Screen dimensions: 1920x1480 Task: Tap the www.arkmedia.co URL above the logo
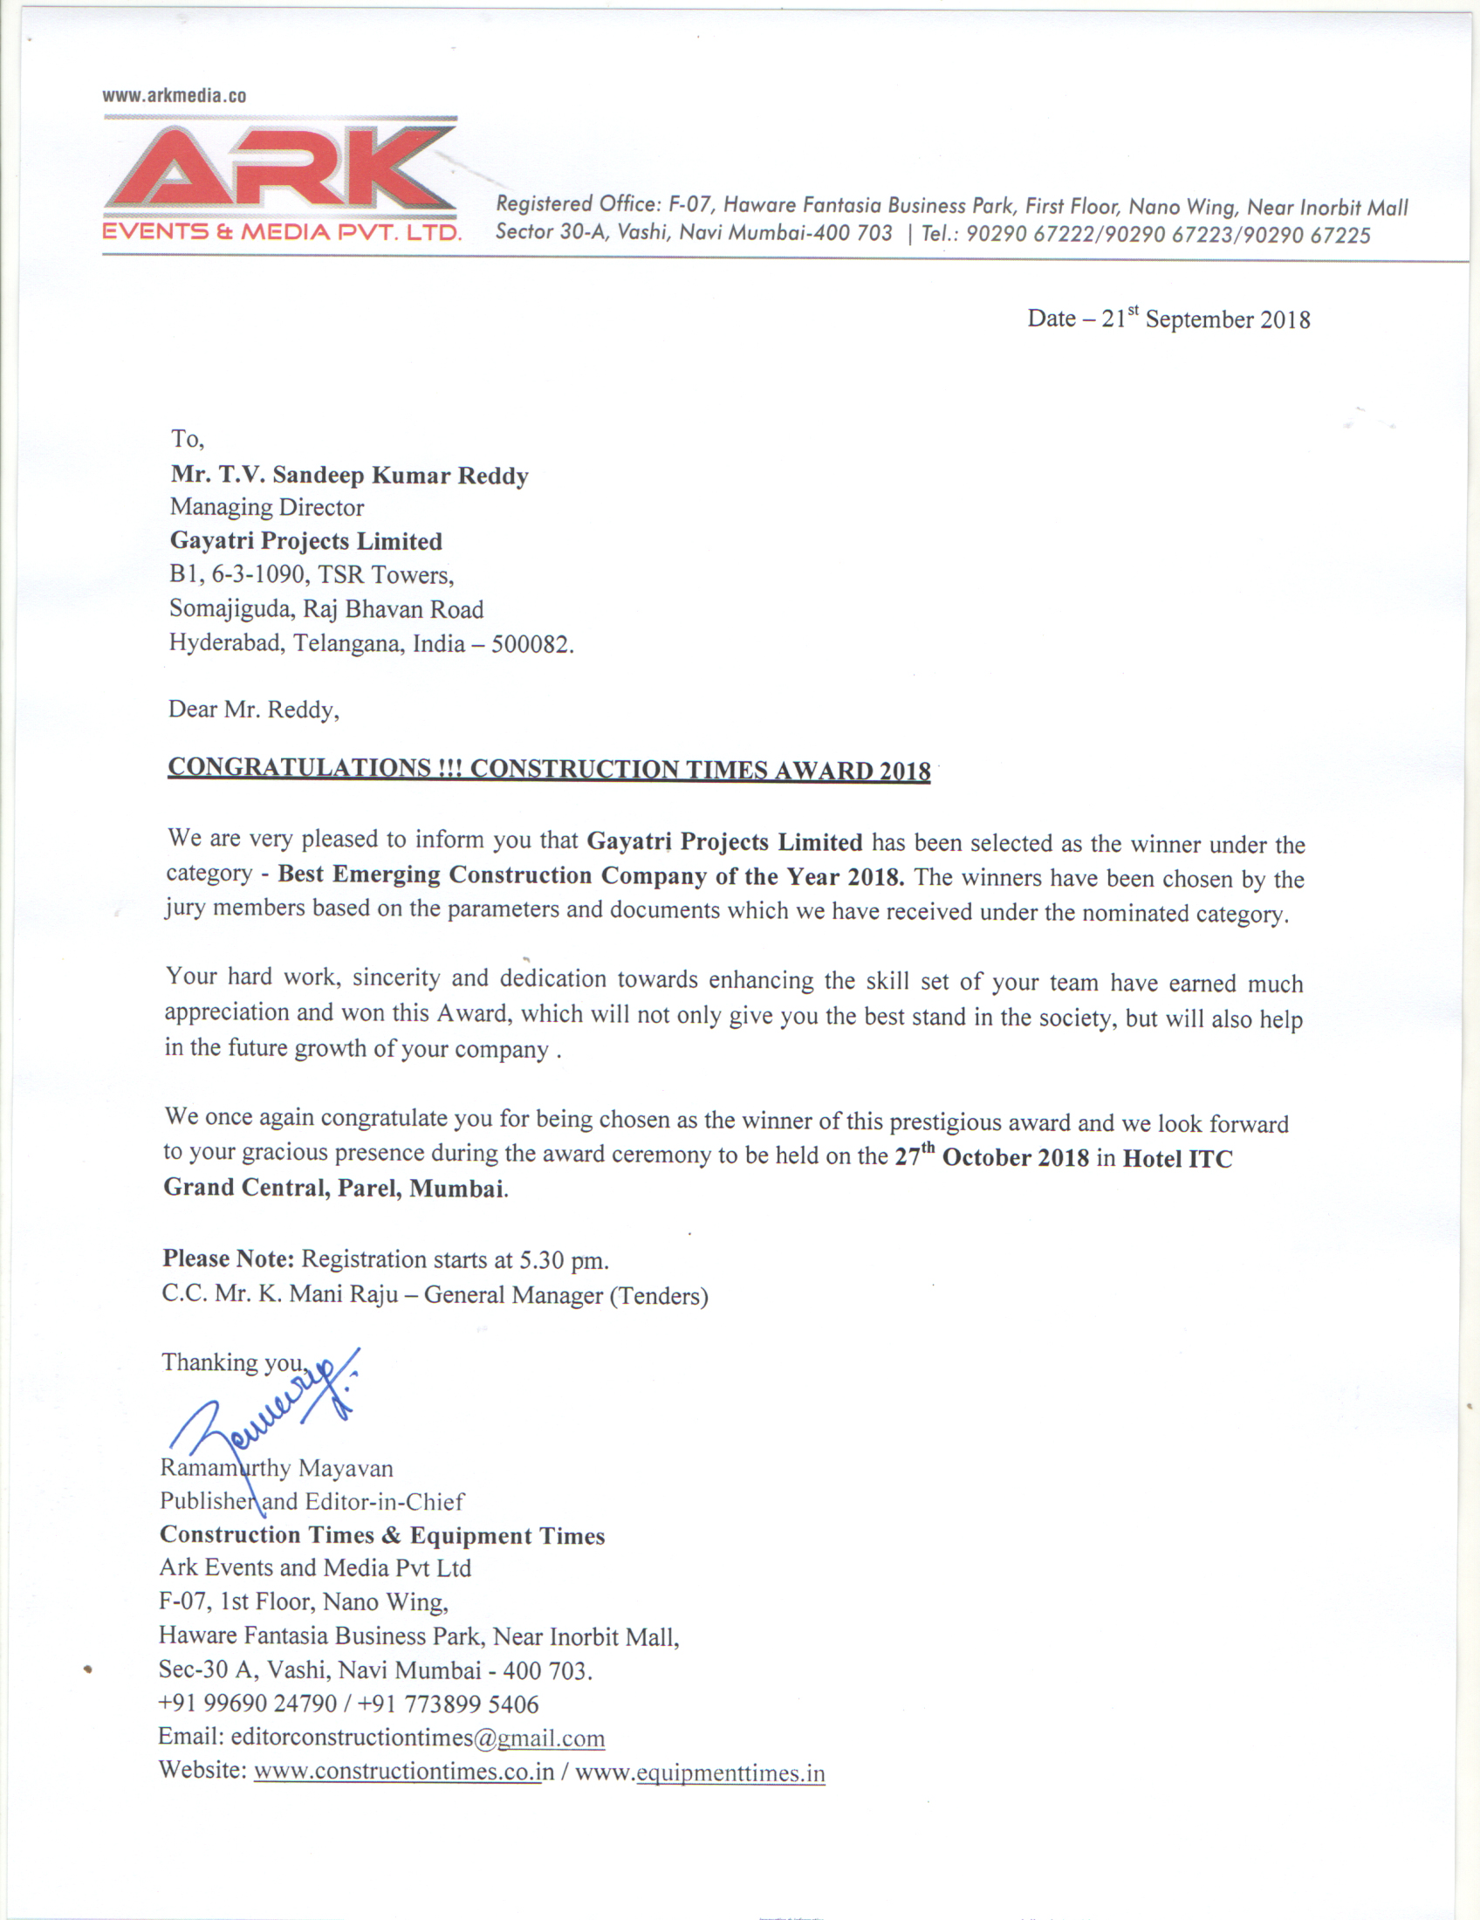coord(174,96)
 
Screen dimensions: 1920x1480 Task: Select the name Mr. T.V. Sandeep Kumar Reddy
coord(350,475)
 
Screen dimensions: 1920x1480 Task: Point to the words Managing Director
coord(266,507)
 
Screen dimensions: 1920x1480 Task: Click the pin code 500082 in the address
coord(530,644)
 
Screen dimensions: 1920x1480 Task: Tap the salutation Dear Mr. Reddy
coord(253,710)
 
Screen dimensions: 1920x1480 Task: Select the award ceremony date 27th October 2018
coord(991,1157)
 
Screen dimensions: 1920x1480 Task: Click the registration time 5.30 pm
coord(563,1259)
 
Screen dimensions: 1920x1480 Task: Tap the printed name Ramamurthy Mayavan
coord(277,1468)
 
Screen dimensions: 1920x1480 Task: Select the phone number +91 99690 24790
coord(248,1703)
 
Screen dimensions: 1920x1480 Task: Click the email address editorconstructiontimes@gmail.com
coord(417,1737)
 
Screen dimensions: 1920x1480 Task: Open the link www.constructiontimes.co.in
coord(404,1771)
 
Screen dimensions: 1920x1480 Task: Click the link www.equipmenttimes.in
coord(701,1773)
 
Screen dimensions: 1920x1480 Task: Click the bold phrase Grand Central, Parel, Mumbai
coord(334,1188)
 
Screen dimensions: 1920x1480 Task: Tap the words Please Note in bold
coord(228,1258)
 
